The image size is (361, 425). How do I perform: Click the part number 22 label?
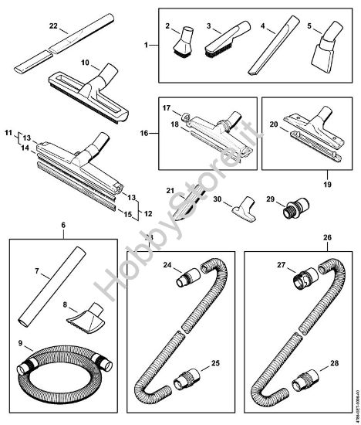pos(52,27)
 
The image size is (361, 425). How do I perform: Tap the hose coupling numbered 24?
pos(190,275)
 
